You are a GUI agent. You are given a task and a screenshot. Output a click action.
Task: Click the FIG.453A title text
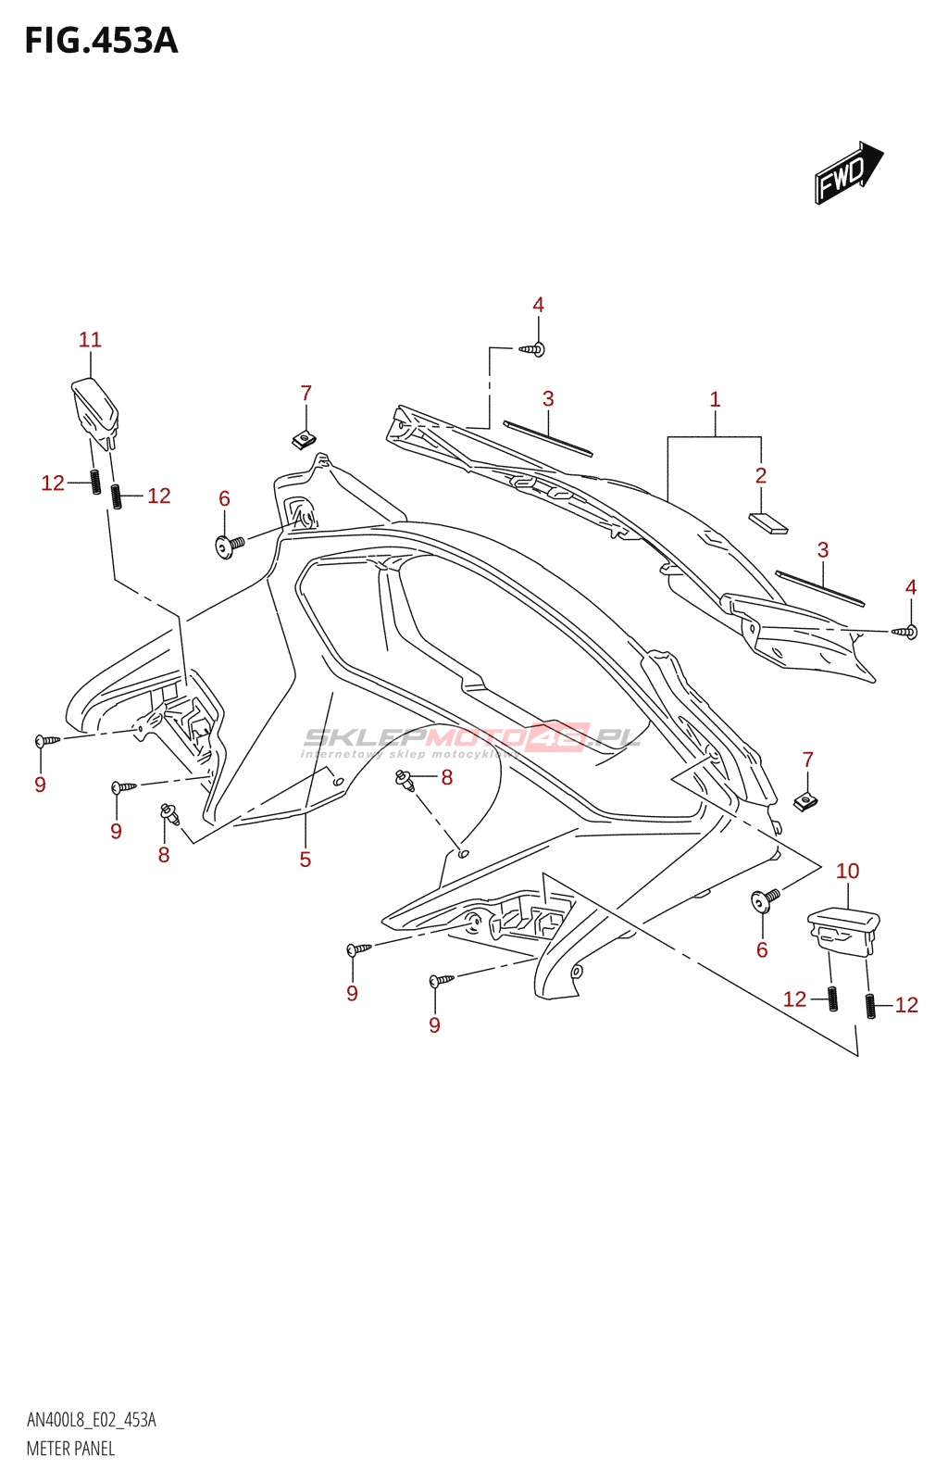click(x=101, y=41)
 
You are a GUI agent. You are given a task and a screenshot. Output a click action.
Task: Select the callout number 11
click(x=90, y=340)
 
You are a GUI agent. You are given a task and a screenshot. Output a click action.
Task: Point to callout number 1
click(x=715, y=399)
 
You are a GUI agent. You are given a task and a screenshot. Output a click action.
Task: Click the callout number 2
click(x=761, y=475)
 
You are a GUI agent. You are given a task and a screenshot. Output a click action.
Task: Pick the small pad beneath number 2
click(x=767, y=523)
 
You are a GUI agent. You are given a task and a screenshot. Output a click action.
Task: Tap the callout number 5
click(x=306, y=860)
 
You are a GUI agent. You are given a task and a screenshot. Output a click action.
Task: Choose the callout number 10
click(x=847, y=871)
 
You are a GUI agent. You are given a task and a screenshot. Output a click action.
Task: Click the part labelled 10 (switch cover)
click(x=842, y=929)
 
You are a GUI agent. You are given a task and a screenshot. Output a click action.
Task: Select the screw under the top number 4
click(x=532, y=349)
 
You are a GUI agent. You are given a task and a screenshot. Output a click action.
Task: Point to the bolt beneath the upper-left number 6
click(x=229, y=545)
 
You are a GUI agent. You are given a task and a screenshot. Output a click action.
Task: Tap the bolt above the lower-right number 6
click(x=767, y=898)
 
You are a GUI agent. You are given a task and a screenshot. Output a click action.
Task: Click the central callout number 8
click(x=447, y=777)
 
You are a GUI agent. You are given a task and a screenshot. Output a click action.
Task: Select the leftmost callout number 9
click(x=40, y=785)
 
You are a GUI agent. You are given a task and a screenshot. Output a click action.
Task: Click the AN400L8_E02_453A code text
click(x=91, y=1420)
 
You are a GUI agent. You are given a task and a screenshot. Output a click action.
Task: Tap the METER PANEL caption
click(x=70, y=1449)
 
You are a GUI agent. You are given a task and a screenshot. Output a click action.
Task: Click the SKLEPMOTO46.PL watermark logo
click(x=472, y=739)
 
